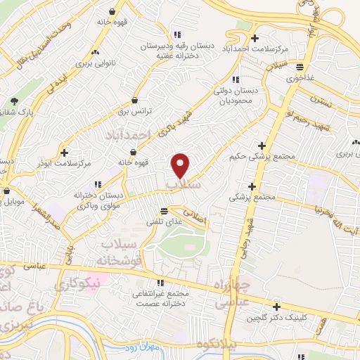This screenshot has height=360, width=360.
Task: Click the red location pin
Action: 181,166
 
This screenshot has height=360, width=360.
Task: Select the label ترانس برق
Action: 134,111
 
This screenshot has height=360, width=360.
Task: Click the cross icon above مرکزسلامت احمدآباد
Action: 255,38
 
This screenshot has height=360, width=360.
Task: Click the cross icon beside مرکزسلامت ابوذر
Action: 65,152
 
